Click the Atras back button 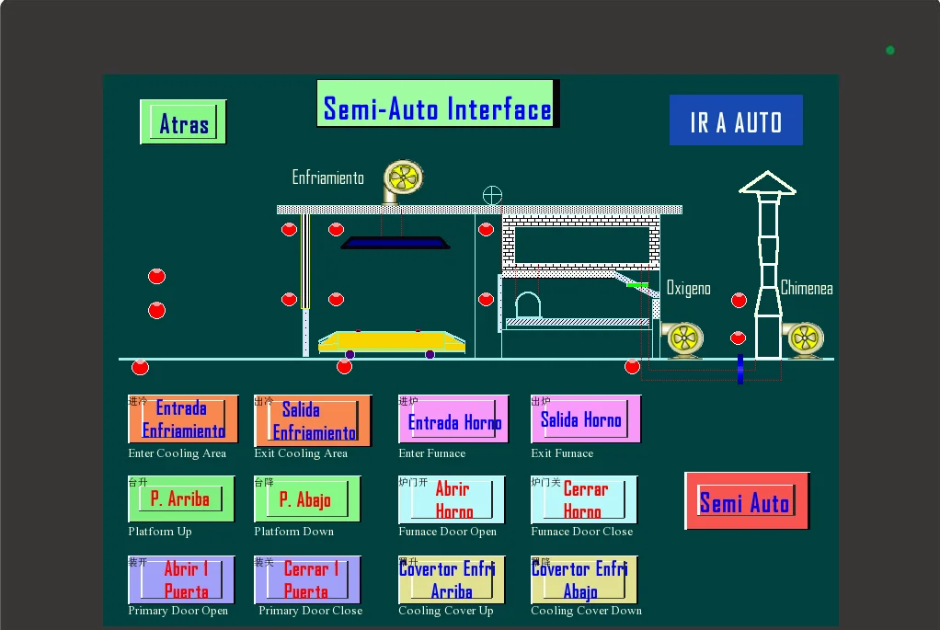pos(183,122)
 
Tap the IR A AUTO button pos(736,120)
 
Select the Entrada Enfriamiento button pos(183,419)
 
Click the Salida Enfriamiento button pos(308,419)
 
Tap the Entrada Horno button pos(453,420)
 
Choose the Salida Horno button pos(585,419)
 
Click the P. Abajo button pos(307,499)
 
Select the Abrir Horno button pos(453,499)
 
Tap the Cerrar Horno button pos(584,499)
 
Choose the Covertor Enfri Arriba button pos(452,579)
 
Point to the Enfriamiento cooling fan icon pos(402,178)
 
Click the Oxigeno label pos(688,289)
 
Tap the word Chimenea pos(807,288)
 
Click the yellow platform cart pos(391,341)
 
